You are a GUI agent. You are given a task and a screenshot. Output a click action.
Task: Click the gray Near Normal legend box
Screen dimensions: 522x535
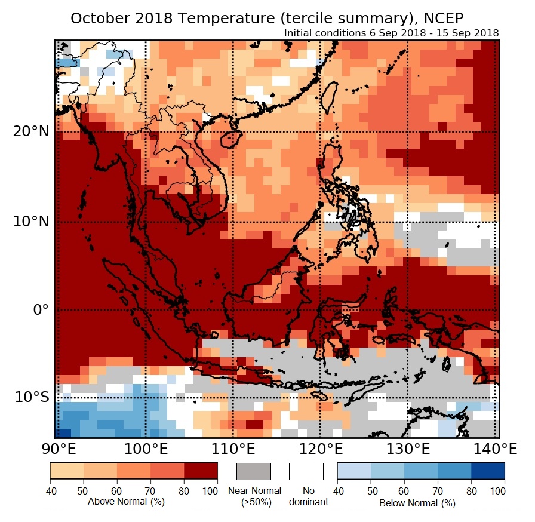click(254, 471)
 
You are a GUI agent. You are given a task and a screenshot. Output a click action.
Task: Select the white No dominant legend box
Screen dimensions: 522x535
click(306, 471)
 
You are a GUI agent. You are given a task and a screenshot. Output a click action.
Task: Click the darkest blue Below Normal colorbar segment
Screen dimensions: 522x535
click(488, 471)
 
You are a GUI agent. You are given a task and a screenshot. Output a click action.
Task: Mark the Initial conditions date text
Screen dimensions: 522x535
click(392, 33)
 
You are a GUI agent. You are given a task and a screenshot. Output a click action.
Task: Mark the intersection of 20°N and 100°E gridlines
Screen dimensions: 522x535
click(146, 131)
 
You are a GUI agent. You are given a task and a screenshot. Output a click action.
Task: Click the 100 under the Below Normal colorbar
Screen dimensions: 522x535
click(497, 491)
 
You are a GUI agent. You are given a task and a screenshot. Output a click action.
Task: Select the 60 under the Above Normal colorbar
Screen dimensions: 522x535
click(117, 491)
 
